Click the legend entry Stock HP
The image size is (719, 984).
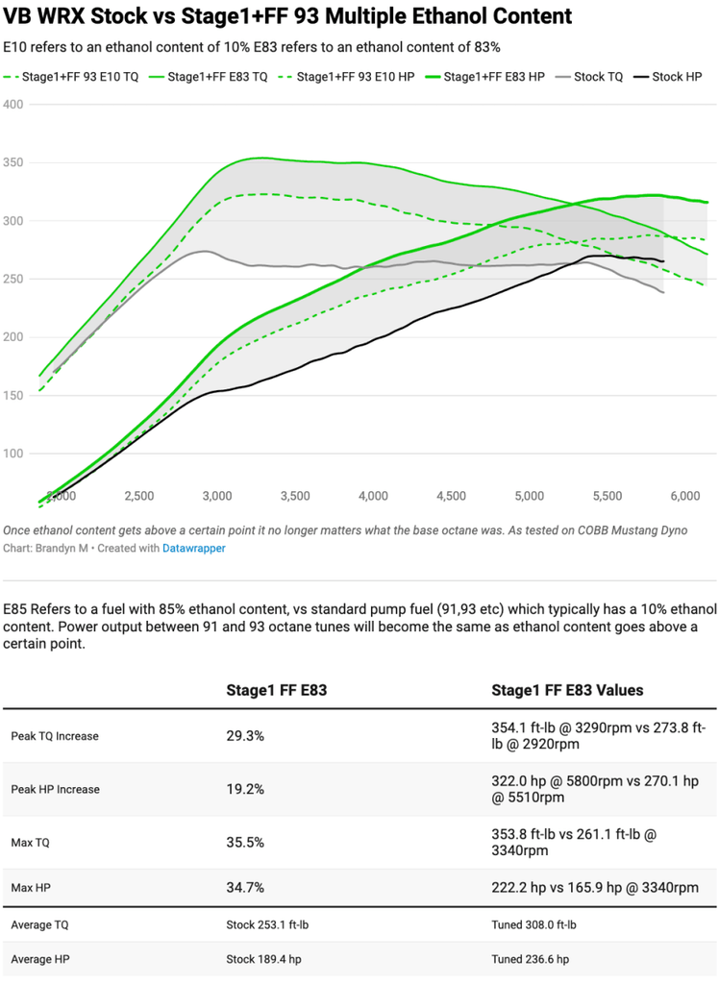tap(667, 77)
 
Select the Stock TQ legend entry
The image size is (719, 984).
tap(589, 77)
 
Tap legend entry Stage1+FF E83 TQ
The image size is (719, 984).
tap(209, 77)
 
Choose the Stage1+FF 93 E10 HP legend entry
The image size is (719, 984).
tap(347, 77)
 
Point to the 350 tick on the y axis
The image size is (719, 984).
tap(13, 162)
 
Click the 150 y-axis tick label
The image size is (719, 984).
tap(13, 395)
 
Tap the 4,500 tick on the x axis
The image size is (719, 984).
tap(452, 496)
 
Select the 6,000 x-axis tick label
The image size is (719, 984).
tap(685, 496)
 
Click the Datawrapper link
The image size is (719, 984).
tap(194, 548)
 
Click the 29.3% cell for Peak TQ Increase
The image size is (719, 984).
tap(245, 735)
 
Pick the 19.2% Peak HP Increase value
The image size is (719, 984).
tap(245, 789)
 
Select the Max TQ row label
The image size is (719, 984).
tap(30, 842)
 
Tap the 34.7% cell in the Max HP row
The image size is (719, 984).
tap(245, 887)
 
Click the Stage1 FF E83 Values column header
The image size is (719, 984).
tap(568, 690)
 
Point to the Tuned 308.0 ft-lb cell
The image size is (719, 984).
tap(533, 924)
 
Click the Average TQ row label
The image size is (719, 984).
tap(39, 924)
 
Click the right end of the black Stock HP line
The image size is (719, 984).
tap(664, 261)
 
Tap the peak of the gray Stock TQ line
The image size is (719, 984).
tap(205, 251)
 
